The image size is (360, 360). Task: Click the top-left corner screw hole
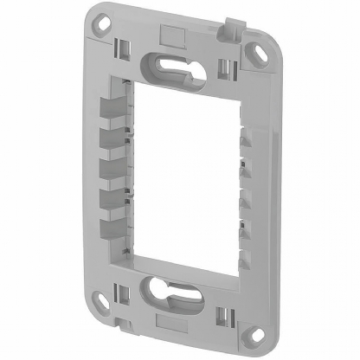pos(103,19)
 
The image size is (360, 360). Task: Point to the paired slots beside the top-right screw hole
pos(227,67)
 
